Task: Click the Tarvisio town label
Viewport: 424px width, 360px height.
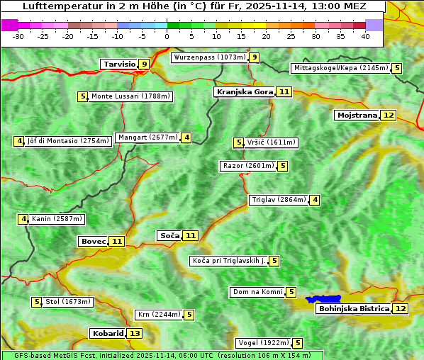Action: (x=118, y=64)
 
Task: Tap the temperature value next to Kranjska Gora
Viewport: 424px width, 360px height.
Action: (x=284, y=91)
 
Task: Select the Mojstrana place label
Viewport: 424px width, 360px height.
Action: (x=357, y=115)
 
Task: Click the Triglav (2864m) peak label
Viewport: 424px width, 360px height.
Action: (x=279, y=200)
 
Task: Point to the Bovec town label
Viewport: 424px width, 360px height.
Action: (x=93, y=241)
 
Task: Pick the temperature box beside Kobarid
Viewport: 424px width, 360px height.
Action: (x=135, y=333)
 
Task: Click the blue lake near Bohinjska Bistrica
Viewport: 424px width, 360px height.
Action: (x=323, y=300)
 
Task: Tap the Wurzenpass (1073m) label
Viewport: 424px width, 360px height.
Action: (x=210, y=57)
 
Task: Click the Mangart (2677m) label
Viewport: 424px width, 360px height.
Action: (x=147, y=137)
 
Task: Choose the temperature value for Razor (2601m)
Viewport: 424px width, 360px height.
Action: (x=283, y=166)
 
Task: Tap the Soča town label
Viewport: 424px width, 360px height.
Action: (x=169, y=235)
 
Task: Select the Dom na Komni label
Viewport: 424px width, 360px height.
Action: (x=257, y=292)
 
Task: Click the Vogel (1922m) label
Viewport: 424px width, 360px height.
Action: (x=262, y=343)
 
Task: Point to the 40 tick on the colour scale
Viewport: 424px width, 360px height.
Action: (x=365, y=35)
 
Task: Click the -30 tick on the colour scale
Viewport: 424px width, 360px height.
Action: (x=18, y=35)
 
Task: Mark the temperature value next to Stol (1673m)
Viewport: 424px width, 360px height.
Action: (x=37, y=302)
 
